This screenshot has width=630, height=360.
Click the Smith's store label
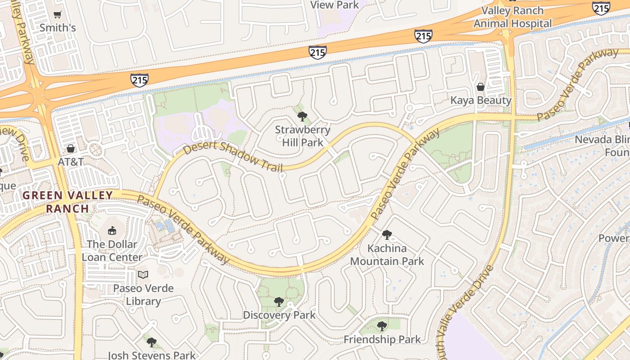coord(58,28)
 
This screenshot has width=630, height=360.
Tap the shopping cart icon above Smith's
coord(58,15)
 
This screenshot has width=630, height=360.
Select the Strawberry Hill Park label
coord(302,136)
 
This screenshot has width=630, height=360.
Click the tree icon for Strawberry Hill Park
coord(302,117)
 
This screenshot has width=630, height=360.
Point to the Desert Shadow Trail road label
coord(233,157)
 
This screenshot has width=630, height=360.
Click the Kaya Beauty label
coord(481,100)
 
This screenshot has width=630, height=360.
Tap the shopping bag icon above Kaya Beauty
coord(481,87)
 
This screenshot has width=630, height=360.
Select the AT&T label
coord(71,162)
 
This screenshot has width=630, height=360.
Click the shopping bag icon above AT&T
coord(71,148)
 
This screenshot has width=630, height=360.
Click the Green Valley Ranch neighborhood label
coord(67,202)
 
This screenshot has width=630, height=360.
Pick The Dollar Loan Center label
coord(112,251)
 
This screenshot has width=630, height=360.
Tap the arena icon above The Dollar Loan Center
coord(112,231)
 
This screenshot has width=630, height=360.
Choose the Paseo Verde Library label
coord(143,295)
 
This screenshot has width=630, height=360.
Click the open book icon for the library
coord(143,274)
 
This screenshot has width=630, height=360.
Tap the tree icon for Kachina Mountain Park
coord(387,235)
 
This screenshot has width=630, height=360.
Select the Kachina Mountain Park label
coord(387,255)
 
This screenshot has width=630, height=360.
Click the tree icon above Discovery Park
coord(279,302)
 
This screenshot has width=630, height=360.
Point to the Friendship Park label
coord(382,339)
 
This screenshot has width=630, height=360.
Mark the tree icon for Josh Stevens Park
coord(152,342)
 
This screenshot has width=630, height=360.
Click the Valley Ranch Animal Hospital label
coord(512,17)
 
